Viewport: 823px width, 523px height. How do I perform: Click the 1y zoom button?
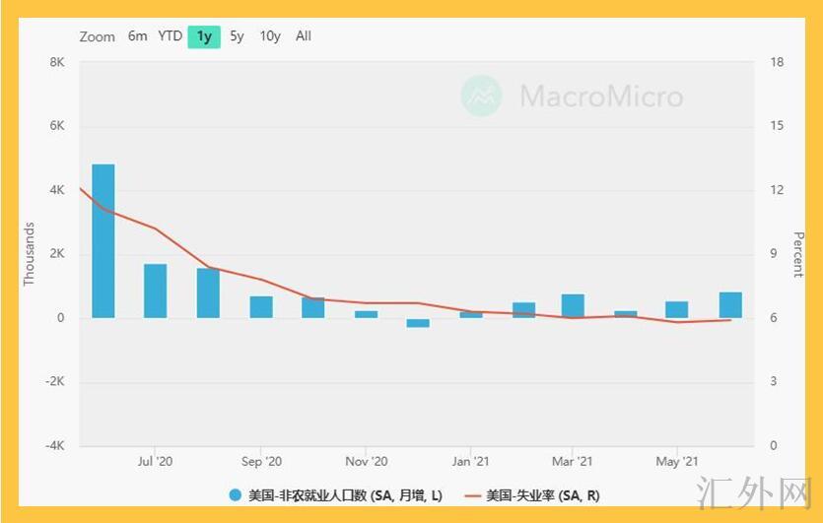click(204, 36)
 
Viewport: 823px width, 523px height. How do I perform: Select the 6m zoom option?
click(137, 36)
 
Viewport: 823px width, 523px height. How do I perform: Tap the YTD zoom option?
click(171, 36)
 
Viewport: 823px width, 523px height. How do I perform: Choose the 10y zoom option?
click(270, 36)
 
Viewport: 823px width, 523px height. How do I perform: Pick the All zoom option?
click(304, 36)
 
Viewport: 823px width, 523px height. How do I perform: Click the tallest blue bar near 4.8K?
click(103, 241)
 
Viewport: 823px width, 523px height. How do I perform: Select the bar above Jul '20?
click(155, 291)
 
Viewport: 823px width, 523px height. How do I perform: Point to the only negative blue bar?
click(418, 322)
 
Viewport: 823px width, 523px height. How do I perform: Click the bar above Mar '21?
click(573, 305)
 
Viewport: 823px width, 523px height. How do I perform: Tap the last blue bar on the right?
click(730, 304)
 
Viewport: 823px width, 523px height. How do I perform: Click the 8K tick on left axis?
click(57, 63)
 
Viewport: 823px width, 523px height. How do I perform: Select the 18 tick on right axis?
click(777, 63)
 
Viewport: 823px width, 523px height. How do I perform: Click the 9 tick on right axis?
click(773, 254)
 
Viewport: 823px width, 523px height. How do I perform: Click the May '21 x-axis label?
click(677, 461)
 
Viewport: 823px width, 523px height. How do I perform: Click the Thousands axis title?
click(30, 253)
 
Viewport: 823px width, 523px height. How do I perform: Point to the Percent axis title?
click(798, 254)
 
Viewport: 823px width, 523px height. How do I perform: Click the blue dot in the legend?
click(235, 495)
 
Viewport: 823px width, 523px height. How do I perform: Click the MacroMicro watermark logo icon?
click(482, 97)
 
